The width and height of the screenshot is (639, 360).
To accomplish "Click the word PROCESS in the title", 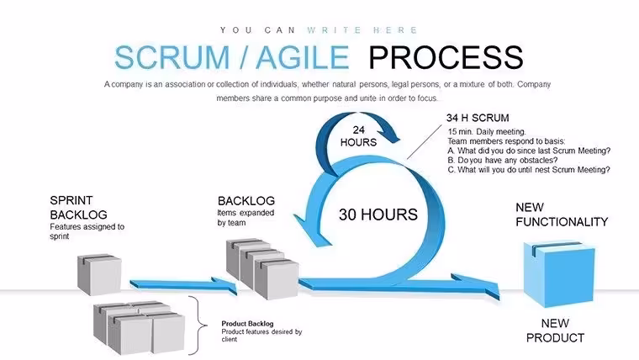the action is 446,57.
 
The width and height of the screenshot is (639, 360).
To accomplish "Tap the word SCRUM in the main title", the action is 172,57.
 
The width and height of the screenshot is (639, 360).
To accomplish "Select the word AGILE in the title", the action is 303,57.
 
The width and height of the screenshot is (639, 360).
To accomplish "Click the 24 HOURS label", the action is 359,136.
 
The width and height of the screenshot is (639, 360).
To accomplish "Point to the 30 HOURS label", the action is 378,214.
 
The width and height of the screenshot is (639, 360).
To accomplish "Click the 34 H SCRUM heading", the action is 478,119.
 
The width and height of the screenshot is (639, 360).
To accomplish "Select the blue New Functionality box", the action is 559,274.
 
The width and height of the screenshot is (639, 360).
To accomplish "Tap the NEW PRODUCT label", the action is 555,331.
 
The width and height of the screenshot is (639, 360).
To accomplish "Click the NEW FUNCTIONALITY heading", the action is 562,214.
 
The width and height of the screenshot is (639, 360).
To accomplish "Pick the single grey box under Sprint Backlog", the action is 99,274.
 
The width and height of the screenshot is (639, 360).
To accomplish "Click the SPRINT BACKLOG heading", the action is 79,208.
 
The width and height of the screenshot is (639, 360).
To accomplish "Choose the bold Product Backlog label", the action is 247,324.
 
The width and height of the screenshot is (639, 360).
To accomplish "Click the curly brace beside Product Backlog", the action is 198,326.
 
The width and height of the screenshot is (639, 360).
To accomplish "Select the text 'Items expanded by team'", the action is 246,218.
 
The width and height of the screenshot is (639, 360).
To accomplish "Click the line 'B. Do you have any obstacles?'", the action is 503,160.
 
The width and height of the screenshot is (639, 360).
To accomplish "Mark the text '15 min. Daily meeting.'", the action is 487,132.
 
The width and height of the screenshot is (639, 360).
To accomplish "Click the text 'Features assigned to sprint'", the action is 87,231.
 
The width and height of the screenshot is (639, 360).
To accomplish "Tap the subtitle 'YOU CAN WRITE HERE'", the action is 319,30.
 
